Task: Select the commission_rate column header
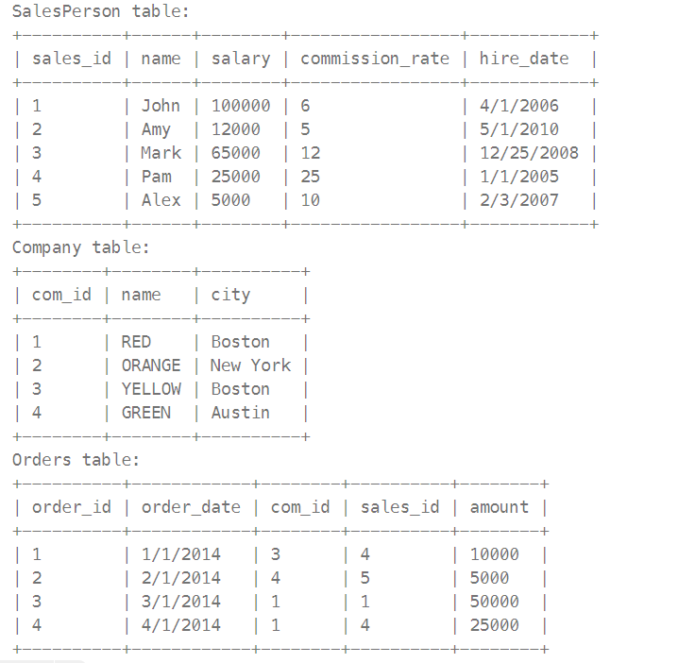point(375,59)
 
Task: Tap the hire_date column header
point(524,59)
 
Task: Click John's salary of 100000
point(241,106)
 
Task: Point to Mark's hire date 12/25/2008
point(524,153)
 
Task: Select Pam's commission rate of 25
point(311,177)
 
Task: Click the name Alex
point(161,200)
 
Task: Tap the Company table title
point(80,247)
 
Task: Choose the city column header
point(230,295)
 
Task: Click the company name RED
point(136,342)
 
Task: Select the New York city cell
point(250,365)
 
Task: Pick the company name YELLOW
point(151,389)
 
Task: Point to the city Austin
point(240,413)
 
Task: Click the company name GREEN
point(146,413)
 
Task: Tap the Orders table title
point(76,460)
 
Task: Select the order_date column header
point(191,507)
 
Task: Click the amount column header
point(500,507)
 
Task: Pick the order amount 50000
point(495,602)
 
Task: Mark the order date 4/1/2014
point(181,625)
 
